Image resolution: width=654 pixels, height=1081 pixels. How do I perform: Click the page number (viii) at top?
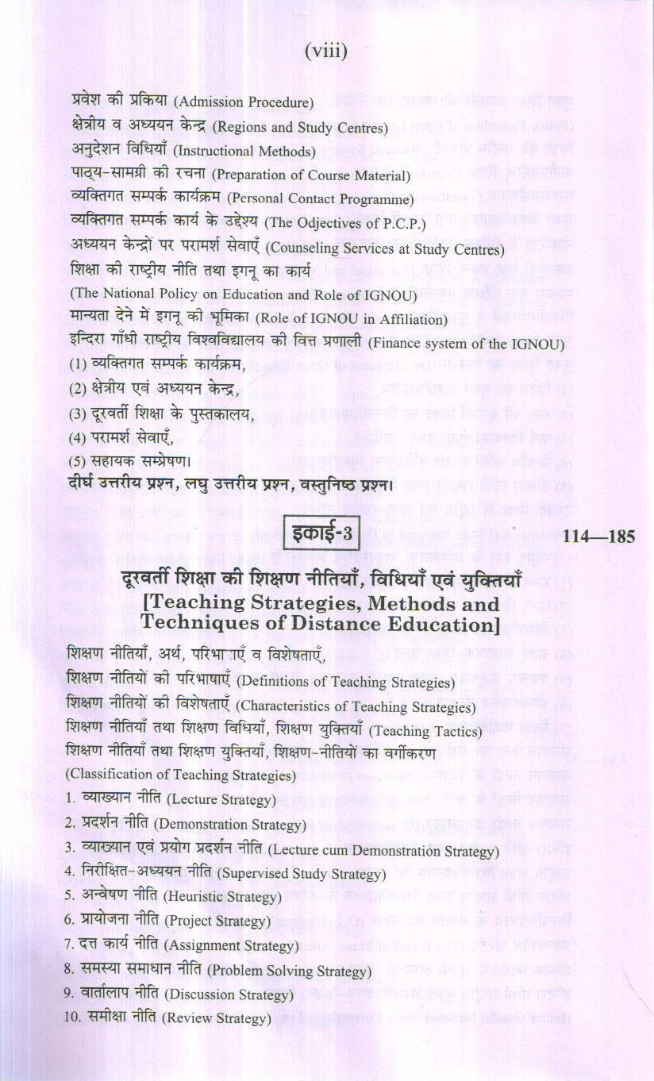point(326,53)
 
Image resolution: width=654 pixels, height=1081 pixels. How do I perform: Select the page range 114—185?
point(599,537)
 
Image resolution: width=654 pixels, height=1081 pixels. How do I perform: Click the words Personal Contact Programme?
point(335,201)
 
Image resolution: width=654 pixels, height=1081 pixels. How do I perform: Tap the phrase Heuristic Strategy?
point(222,898)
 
